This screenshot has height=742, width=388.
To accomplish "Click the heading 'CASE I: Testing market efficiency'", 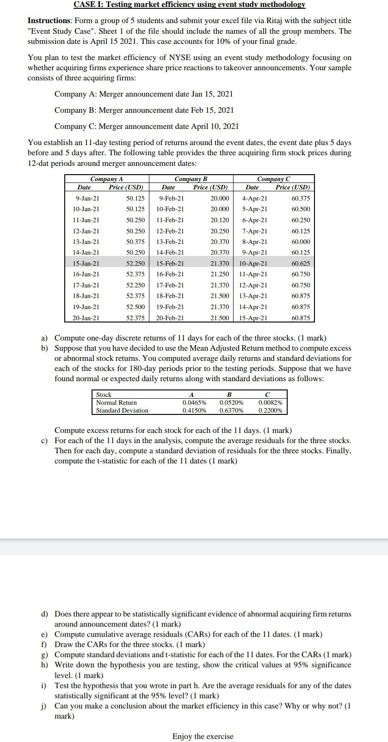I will pyautogui.click(x=190, y=5).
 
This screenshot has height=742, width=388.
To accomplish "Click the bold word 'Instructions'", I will pyautogui.click(x=49, y=21).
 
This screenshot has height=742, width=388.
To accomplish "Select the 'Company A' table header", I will pyautogui.click(x=107, y=179).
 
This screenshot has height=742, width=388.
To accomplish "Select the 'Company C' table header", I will pyautogui.click(x=274, y=179).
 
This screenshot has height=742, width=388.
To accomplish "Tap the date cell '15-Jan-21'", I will pyautogui.click(x=86, y=263).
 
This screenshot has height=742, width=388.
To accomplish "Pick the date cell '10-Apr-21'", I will pyautogui.click(x=253, y=263).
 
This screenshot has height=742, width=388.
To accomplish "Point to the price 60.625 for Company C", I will pyautogui.click(x=301, y=263).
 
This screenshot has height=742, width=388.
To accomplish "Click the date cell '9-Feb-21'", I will pyautogui.click(x=171, y=198).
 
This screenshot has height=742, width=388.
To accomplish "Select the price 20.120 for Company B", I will pyautogui.click(x=220, y=220).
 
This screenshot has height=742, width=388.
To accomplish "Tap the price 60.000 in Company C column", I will pyautogui.click(x=301, y=242).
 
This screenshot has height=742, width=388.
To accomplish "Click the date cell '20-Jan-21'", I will pyautogui.click(x=86, y=318).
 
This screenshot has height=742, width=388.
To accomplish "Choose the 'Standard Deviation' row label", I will pyautogui.click(x=122, y=410).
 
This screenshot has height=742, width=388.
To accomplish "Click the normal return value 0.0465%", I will pyautogui.click(x=194, y=402).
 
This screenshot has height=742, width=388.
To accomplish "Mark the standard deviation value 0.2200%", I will pyautogui.click(x=270, y=410).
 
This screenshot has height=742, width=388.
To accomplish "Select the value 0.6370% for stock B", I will pyautogui.click(x=231, y=410).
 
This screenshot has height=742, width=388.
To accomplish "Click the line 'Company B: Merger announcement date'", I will pyautogui.click(x=144, y=110).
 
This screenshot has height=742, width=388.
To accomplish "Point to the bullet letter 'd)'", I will pyautogui.click(x=45, y=614).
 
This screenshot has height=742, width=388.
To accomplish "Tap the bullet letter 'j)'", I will pyautogui.click(x=45, y=706).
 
